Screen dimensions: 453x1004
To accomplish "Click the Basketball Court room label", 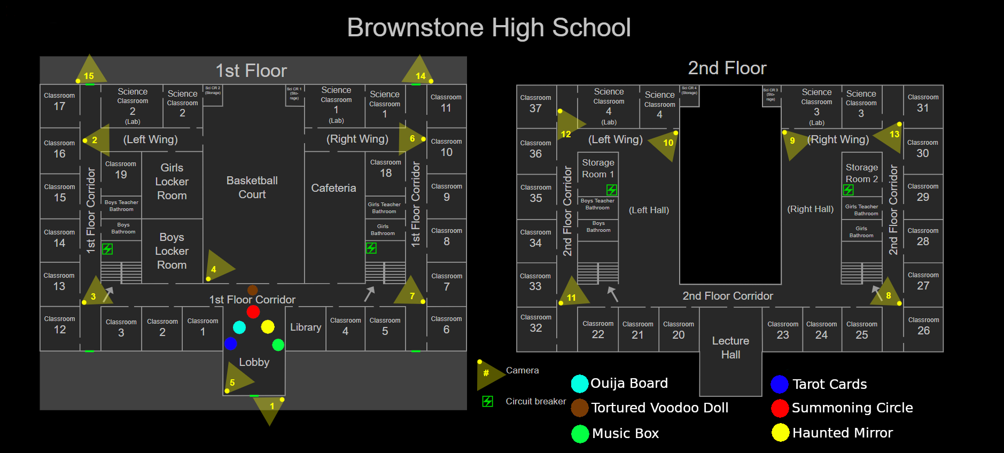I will point(252,188).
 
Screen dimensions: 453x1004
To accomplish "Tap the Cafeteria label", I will point(333,188).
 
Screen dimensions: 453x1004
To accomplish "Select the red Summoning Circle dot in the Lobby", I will point(253,312).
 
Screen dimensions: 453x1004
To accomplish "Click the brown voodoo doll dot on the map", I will point(253,290).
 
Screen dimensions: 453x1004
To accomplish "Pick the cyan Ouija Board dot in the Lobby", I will point(239,327).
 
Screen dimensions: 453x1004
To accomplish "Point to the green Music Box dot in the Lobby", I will point(278,345).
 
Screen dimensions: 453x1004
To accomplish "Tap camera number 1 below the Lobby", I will point(271,407).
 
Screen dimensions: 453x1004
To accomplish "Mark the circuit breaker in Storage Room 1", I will point(612,190).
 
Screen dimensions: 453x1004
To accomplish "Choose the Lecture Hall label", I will point(730,348).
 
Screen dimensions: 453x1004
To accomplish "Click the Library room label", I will point(306,327).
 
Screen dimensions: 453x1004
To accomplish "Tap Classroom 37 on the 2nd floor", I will point(535,104).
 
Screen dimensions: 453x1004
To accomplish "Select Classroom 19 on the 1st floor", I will point(121,170).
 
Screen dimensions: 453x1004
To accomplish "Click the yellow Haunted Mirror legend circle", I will point(780,433).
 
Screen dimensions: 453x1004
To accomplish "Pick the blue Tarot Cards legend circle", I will point(780,384).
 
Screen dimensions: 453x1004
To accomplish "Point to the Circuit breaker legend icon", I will point(487,401).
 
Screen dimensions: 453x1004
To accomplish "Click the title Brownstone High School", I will point(489,28).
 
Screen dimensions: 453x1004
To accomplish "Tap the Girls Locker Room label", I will point(172,182).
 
